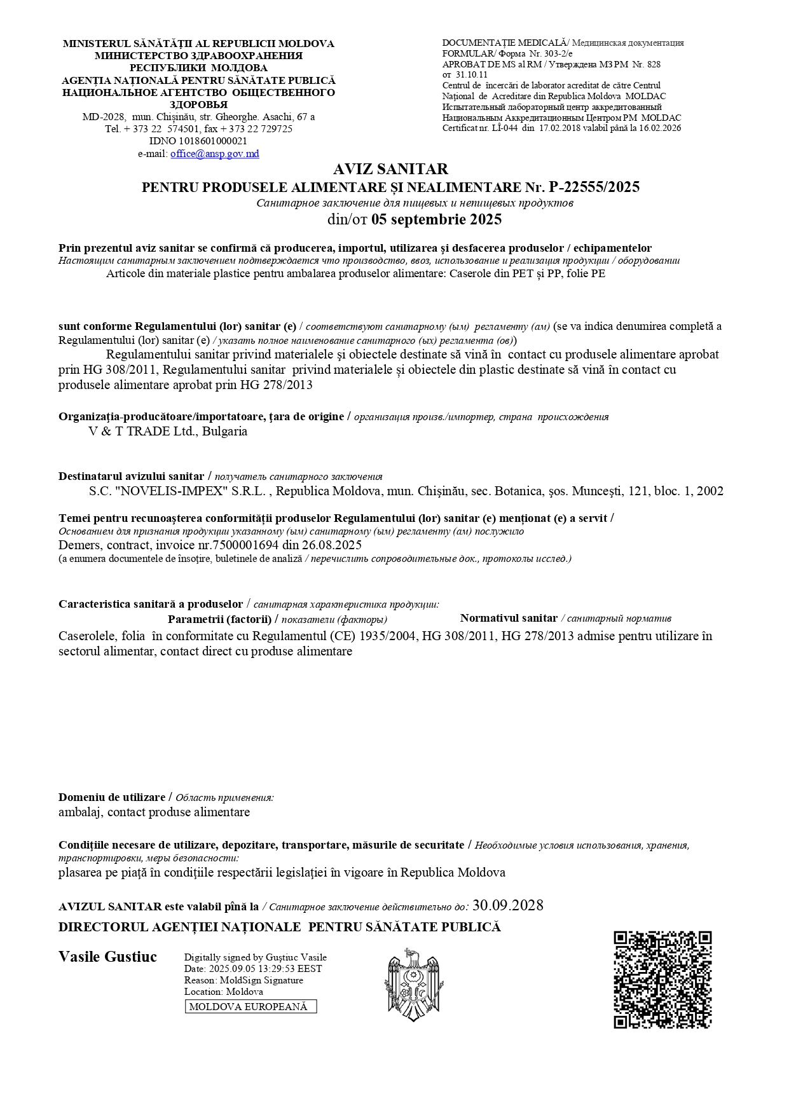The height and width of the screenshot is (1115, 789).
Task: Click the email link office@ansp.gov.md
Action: [x=215, y=154]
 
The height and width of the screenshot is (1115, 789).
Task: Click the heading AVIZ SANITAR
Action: [x=390, y=169]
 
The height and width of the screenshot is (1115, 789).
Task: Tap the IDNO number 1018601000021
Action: [x=216, y=141]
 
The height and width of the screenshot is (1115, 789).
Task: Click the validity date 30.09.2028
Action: [x=508, y=905]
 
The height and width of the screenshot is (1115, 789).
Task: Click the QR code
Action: [x=662, y=980]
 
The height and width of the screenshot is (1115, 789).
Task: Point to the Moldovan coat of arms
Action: [x=414, y=985]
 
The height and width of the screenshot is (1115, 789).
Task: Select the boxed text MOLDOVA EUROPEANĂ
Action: [x=250, y=1006]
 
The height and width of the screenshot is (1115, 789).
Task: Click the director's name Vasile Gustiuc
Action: [x=107, y=957]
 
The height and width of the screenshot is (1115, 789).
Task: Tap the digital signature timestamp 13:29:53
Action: [x=277, y=969]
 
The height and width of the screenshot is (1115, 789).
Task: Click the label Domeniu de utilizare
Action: [x=112, y=797]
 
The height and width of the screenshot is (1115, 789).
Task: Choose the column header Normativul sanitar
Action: [x=509, y=618]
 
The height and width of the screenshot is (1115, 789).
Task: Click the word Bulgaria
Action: [x=224, y=431]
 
